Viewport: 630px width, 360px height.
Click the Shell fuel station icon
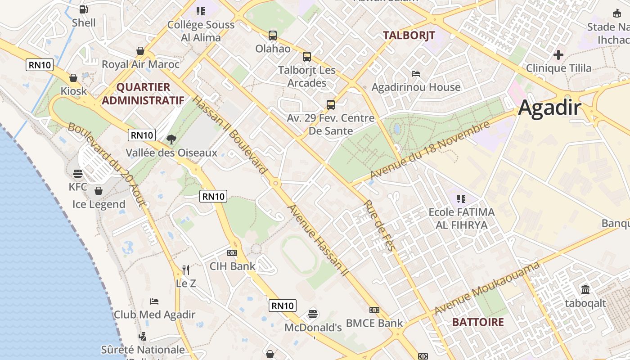pyautogui.click(x=84, y=9)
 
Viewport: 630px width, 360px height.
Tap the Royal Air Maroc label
pyautogui.click(x=140, y=64)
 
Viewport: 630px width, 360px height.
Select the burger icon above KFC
pyautogui.click(x=77, y=173)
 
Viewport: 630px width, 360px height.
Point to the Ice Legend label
pyautogui.click(x=99, y=204)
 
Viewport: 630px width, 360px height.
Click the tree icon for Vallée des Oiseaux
pyautogui.click(x=171, y=139)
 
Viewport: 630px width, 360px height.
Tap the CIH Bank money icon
pyautogui.click(x=232, y=253)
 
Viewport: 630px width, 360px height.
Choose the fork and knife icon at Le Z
pyautogui.click(x=186, y=270)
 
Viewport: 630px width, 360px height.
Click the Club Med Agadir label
pyautogui.click(x=154, y=315)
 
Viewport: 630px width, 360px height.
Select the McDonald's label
pyautogui.click(x=313, y=328)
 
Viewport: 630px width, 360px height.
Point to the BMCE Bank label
pyautogui.click(x=374, y=323)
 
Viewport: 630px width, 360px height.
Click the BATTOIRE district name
pyautogui.click(x=478, y=322)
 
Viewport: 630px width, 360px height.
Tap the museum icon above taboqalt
pyautogui.click(x=585, y=289)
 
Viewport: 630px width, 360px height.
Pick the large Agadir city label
pyautogui.click(x=549, y=108)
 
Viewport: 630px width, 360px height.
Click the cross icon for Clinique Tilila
pyautogui.click(x=558, y=55)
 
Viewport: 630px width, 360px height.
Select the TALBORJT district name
pyautogui.click(x=409, y=35)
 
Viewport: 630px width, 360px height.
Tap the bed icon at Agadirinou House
pyautogui.click(x=416, y=73)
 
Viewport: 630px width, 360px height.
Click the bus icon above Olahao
pyautogui.click(x=273, y=35)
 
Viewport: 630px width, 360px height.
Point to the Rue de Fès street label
pyautogui.click(x=379, y=225)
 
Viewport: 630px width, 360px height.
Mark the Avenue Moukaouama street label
pyautogui.click(x=487, y=288)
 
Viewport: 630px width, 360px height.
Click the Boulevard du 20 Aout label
pyautogui.click(x=107, y=164)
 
